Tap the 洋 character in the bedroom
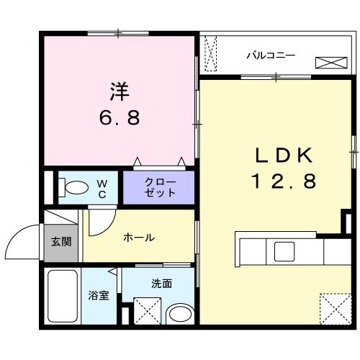tap(119, 91)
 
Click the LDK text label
tap(283, 156)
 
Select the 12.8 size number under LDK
tap(283, 182)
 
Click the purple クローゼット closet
tap(159, 186)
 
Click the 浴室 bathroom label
tap(99, 296)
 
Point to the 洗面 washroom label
tap(161, 284)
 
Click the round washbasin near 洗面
tap(177, 313)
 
